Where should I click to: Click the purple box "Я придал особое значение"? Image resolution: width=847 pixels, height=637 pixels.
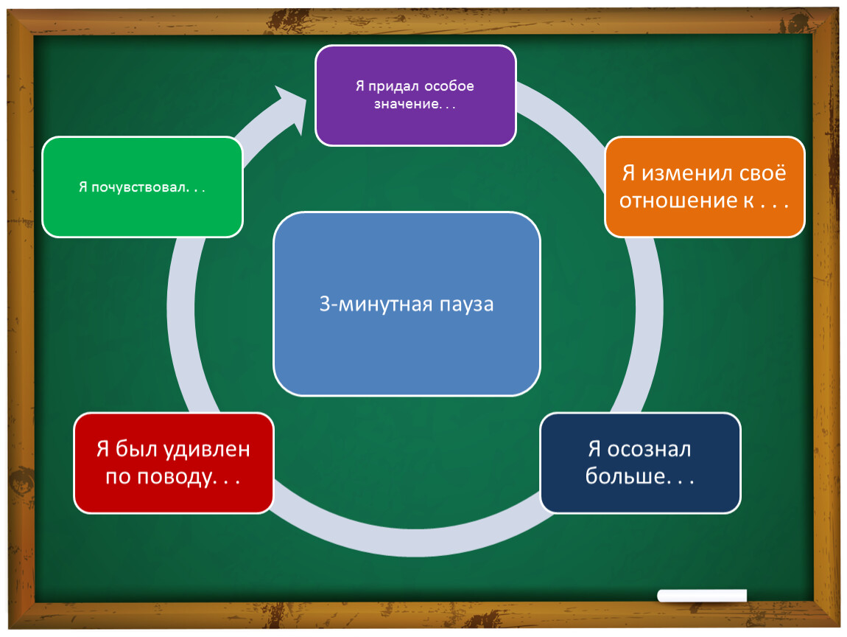[415, 95]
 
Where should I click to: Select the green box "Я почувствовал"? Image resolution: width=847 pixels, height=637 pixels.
[143, 187]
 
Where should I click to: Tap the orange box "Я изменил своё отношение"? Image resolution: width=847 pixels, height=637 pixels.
[704, 187]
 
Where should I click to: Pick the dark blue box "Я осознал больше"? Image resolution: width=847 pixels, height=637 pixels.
[640, 463]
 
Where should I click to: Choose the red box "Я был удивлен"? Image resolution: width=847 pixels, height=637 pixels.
[173, 463]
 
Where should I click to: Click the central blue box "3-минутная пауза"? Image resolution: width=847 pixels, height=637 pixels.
[407, 304]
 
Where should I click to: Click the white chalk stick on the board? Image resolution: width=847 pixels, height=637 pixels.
[702, 596]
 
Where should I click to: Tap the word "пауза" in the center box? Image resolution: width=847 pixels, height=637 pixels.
[466, 304]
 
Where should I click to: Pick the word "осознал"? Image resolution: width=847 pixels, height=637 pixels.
[649, 449]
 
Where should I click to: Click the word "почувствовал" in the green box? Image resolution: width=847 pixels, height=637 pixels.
[138, 188]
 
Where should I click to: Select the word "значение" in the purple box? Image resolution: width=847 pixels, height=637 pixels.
[407, 105]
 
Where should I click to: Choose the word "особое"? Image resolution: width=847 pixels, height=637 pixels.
[449, 86]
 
